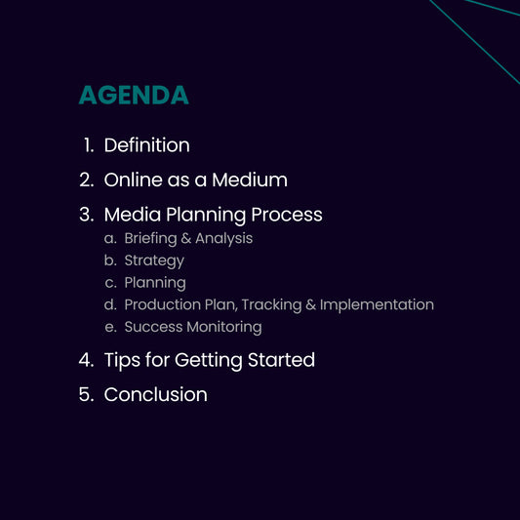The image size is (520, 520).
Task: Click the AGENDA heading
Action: [x=134, y=96]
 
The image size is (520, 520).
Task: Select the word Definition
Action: [x=146, y=145]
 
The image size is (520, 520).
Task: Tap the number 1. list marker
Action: [x=88, y=145]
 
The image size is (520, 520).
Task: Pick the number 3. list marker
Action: [x=86, y=214]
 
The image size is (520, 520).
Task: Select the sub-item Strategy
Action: [x=154, y=260]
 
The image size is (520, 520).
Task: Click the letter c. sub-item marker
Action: [x=110, y=283]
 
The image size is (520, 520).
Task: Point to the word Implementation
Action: [x=377, y=304]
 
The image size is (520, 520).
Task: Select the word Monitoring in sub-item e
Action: [x=223, y=327]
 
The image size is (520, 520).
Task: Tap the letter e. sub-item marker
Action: [x=110, y=327]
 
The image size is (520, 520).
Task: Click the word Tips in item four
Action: [x=121, y=360]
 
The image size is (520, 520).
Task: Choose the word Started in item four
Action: [x=281, y=360]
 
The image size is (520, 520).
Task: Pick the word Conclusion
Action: [x=155, y=394]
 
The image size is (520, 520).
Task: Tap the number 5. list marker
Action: [x=86, y=394]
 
